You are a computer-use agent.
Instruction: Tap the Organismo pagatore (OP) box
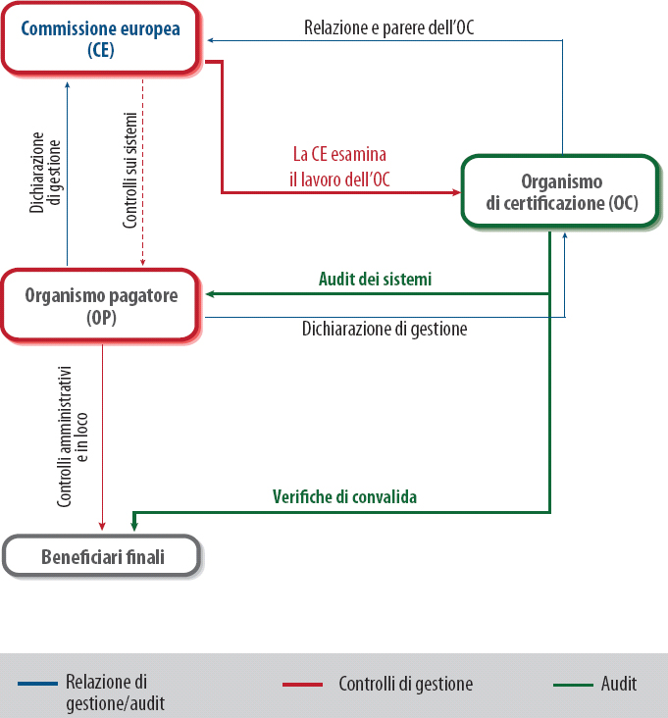pos(101,304)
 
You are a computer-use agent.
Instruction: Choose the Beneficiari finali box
pos(102,557)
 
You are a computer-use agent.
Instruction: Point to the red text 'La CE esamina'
pos(339,155)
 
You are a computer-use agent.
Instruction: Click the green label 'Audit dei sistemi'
pos(375,280)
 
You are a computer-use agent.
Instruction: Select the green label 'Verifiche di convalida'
pos(344,497)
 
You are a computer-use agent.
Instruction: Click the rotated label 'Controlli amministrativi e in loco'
pos(73,432)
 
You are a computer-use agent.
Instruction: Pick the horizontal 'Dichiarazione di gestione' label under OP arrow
pos(384,330)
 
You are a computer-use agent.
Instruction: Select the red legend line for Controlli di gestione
pos(301,684)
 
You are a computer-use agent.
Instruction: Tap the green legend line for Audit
pos(573,684)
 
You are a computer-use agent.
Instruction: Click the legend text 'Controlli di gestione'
pos(406,684)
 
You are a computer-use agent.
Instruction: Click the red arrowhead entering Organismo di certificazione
pos(456,192)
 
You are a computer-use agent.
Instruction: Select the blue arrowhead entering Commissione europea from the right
pos(209,40)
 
